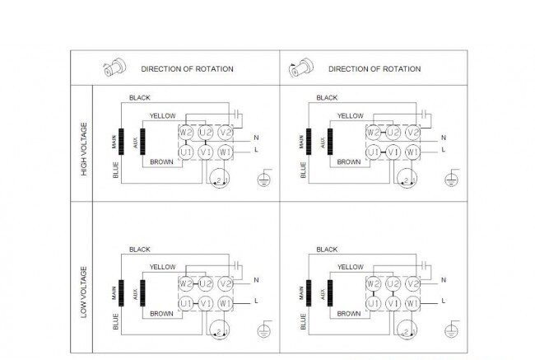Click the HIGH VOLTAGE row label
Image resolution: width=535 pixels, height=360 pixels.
[84, 149]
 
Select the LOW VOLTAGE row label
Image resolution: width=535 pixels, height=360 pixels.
[84, 292]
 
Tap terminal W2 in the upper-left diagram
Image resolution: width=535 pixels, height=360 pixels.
[186, 133]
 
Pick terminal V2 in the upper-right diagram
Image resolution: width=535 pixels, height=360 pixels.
[413, 133]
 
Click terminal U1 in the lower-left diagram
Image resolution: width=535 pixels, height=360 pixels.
[186, 303]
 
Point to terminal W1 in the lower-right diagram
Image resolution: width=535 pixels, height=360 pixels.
[413, 303]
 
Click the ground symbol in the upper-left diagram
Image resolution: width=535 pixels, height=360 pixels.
[264, 179]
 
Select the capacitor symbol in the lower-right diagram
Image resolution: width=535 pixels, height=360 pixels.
[424, 264]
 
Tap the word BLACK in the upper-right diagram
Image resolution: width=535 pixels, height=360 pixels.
[327, 98]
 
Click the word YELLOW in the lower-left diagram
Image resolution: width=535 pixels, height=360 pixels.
[163, 267]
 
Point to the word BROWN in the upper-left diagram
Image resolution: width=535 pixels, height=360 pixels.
[161, 162]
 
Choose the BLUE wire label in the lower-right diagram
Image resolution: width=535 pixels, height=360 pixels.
[303, 322]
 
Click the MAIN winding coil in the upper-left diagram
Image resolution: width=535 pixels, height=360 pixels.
[121, 142]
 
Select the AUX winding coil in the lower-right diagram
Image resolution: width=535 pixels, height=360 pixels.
[330, 293]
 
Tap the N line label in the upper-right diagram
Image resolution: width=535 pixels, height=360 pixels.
[444, 138]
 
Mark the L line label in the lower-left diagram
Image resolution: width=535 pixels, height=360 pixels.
[256, 301]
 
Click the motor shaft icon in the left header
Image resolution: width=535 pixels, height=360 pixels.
[114, 68]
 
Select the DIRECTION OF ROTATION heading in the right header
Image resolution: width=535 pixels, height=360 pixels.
[374, 69]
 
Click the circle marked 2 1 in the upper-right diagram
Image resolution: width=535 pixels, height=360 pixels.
[407, 178]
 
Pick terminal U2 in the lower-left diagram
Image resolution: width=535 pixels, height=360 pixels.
[206, 283]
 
